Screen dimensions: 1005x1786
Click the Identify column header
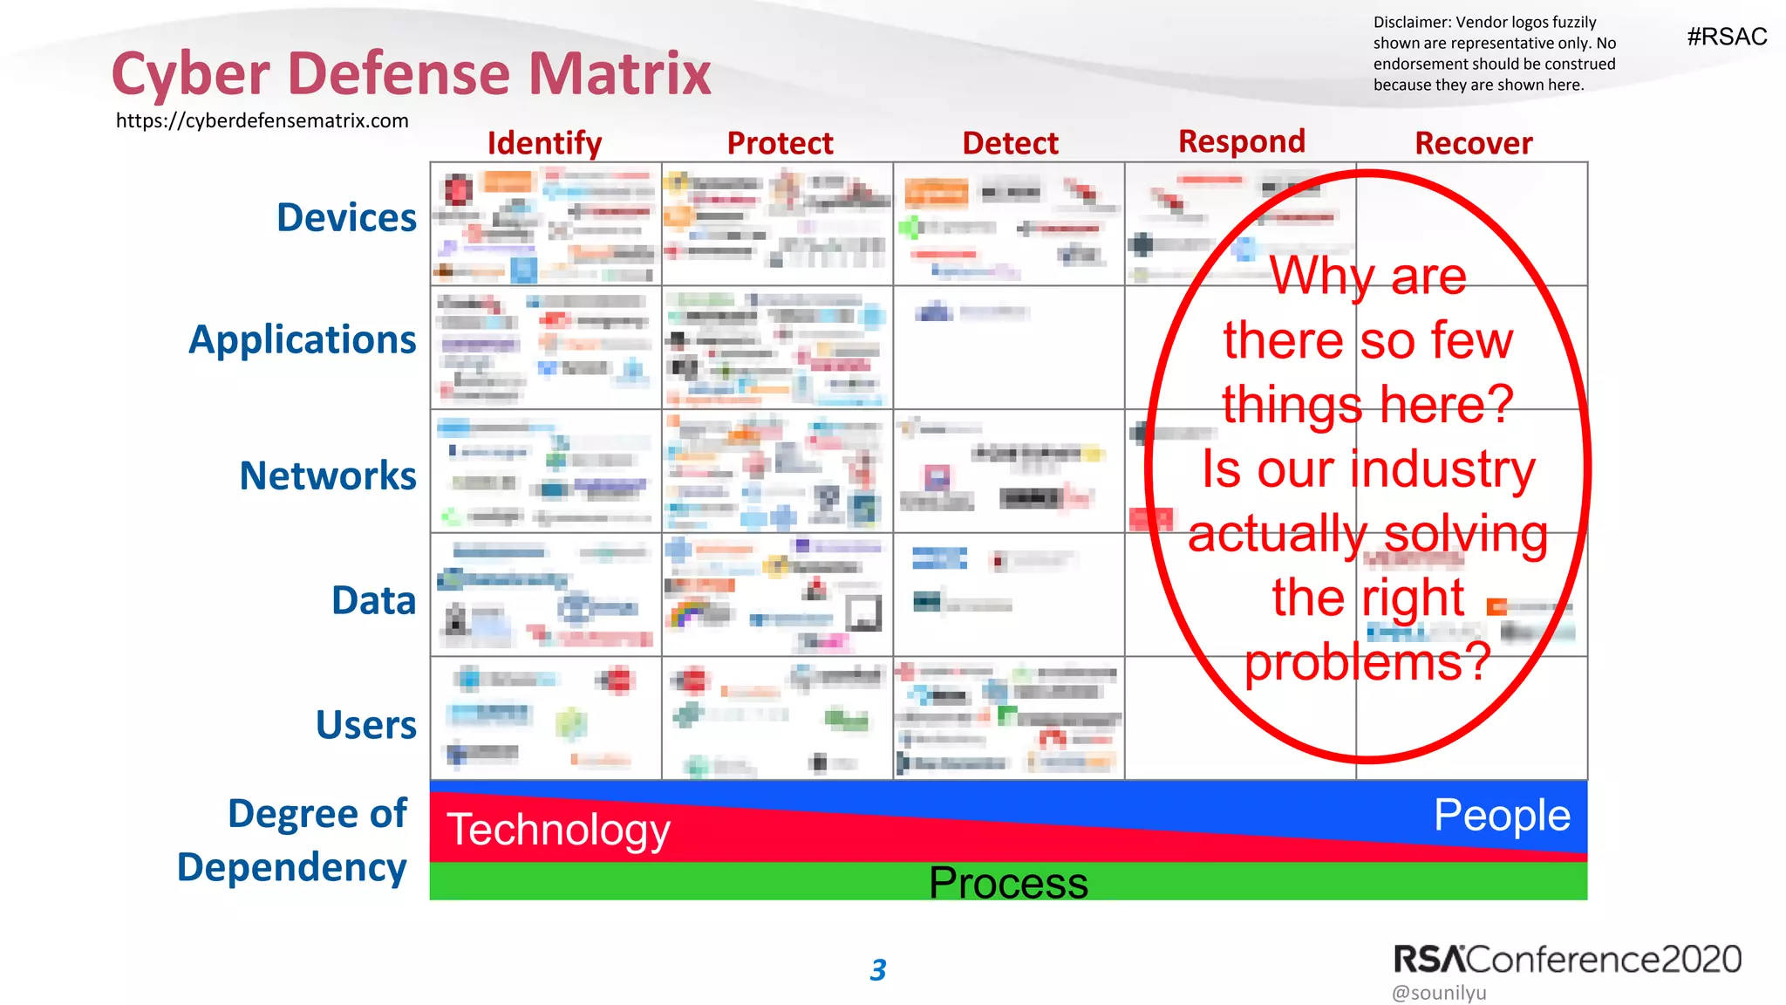(x=544, y=143)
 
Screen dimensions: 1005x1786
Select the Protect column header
(x=780, y=143)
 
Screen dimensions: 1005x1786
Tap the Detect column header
(x=1010, y=143)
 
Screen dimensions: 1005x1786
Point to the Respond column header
(x=1241, y=141)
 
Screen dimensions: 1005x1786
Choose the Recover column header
(x=1473, y=143)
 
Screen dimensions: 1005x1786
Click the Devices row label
(x=346, y=217)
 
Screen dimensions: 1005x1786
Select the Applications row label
(x=303, y=339)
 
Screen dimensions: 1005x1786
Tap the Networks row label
(x=328, y=475)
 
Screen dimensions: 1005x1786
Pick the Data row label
(x=373, y=600)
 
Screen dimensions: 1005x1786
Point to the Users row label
(x=366, y=725)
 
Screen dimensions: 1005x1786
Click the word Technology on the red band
(x=558, y=829)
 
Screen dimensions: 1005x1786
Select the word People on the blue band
(x=1502, y=815)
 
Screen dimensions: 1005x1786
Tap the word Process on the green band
(x=1008, y=883)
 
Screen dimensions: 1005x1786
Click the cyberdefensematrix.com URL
(x=262, y=120)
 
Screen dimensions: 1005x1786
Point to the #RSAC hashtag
(x=1727, y=37)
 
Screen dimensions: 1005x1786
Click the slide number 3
(x=878, y=970)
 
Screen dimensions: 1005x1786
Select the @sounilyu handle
(x=1439, y=993)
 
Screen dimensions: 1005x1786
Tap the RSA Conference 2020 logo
(x=1566, y=959)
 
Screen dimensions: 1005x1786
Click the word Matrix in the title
(x=619, y=73)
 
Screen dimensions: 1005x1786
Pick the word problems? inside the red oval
(x=1367, y=662)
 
